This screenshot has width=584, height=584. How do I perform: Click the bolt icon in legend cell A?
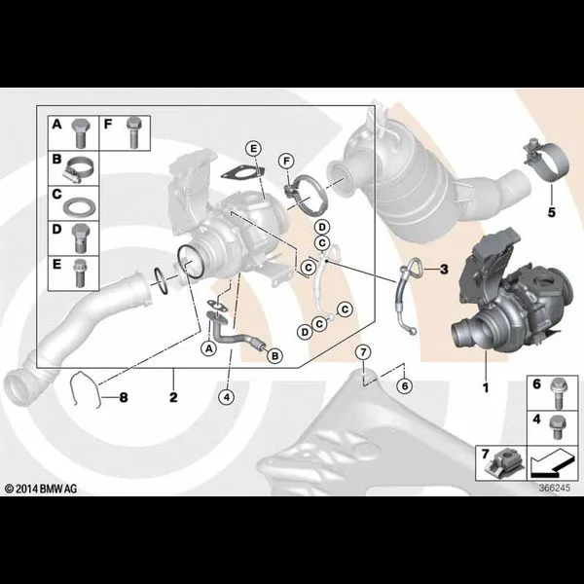(x=79, y=133)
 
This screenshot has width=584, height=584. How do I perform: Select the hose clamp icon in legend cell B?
(x=79, y=169)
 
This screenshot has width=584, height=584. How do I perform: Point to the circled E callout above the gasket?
(x=253, y=149)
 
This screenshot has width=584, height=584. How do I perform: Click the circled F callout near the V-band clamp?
(x=286, y=162)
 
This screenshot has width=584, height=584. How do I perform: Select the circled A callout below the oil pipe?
(x=209, y=348)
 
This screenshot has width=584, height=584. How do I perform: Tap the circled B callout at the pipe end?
(x=274, y=356)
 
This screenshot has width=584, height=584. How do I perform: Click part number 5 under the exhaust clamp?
(x=551, y=212)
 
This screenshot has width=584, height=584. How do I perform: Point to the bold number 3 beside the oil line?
(x=444, y=269)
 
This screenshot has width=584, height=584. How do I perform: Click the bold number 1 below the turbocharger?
(x=486, y=388)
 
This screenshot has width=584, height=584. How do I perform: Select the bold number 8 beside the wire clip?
(x=124, y=398)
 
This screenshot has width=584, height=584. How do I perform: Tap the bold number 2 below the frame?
(x=173, y=397)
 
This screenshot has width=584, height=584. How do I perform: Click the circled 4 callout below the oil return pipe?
(x=227, y=397)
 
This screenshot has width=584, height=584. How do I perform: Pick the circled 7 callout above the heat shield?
(x=363, y=352)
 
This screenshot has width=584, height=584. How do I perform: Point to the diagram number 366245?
(x=555, y=488)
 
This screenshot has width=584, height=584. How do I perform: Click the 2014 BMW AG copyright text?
(x=41, y=489)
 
